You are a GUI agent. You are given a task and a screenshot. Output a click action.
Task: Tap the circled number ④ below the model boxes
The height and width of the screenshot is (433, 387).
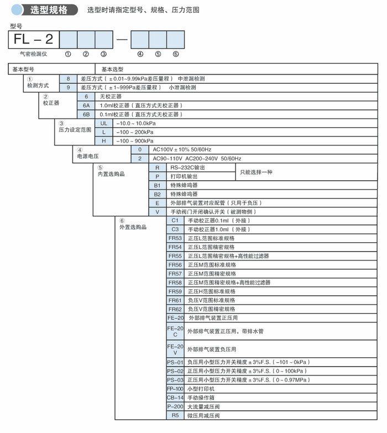(x=140, y=54)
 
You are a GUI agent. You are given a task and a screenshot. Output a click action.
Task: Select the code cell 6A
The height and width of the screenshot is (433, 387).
(x=86, y=105)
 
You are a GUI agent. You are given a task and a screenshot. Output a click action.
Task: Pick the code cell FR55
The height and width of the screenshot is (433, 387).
(x=175, y=255)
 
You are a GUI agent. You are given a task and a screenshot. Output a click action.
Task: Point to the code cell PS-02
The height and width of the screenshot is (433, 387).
(x=175, y=371)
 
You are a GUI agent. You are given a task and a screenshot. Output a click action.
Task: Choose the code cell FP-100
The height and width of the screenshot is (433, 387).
(x=175, y=389)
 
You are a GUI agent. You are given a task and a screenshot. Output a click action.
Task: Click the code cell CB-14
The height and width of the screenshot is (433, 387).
(x=175, y=398)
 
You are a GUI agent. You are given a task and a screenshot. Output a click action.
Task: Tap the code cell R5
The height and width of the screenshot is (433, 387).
(x=175, y=415)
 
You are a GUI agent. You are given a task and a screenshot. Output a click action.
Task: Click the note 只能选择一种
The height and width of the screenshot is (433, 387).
(x=257, y=172)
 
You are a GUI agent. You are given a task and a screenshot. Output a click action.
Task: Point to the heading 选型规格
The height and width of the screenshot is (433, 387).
(x=51, y=10)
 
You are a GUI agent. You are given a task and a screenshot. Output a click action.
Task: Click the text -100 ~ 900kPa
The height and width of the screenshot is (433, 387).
(x=135, y=140)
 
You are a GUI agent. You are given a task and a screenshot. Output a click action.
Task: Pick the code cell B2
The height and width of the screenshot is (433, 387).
(x=157, y=194)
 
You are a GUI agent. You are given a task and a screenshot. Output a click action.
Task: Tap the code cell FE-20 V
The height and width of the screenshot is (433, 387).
(x=175, y=349)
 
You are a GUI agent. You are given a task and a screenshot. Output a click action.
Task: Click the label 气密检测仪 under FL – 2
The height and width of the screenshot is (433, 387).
(x=35, y=54)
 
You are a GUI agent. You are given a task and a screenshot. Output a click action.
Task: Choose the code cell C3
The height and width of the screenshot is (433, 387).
(x=175, y=229)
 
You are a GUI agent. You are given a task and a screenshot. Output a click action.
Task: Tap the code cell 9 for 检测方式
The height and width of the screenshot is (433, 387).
(x=69, y=87)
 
